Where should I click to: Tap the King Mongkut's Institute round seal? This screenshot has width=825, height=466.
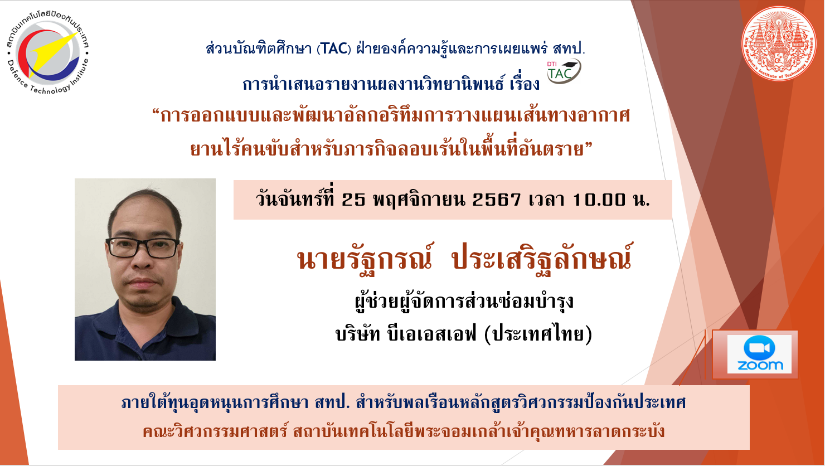(x=779, y=43)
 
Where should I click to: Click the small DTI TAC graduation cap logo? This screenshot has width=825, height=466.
(x=564, y=71)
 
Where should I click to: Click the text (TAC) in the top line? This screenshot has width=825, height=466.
(x=334, y=48)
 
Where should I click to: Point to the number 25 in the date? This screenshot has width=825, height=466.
(x=353, y=200)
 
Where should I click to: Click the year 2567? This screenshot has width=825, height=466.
(x=496, y=200)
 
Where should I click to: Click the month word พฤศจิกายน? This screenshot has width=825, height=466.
(x=419, y=200)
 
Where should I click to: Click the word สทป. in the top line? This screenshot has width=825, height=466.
(x=569, y=48)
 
